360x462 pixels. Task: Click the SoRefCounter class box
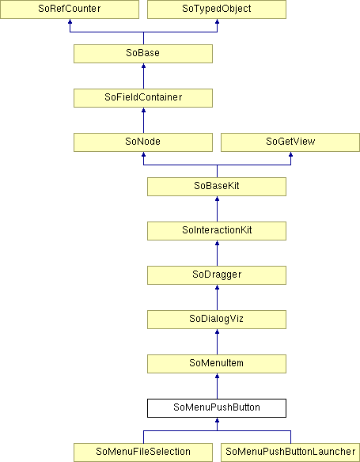point(70,9)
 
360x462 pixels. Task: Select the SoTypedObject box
point(217,9)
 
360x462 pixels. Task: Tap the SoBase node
point(143,54)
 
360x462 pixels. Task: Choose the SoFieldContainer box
point(143,98)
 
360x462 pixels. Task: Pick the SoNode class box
point(143,142)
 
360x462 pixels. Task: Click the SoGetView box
point(290,142)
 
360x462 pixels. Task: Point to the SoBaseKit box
point(217,187)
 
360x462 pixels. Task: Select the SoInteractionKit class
point(217,231)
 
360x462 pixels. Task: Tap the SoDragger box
point(217,275)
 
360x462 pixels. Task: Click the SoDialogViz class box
point(217,320)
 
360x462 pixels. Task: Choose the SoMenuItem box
point(217,364)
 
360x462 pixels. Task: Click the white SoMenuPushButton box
point(217,408)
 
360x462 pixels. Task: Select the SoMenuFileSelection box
point(143,453)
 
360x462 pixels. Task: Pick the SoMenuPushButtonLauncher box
point(290,453)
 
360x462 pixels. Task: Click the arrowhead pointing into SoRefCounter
point(70,21)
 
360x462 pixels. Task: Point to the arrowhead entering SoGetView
point(291,154)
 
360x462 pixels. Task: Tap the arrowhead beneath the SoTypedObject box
point(217,21)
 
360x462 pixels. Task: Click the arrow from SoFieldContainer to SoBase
point(143,76)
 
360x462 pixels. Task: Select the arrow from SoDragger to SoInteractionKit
point(217,253)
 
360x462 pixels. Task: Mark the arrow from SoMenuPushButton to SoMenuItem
point(217,386)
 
